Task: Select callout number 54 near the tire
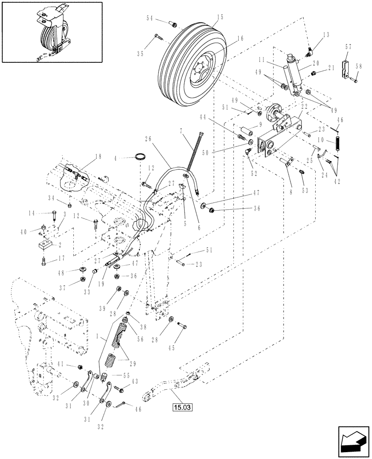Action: [x=150, y=18]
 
